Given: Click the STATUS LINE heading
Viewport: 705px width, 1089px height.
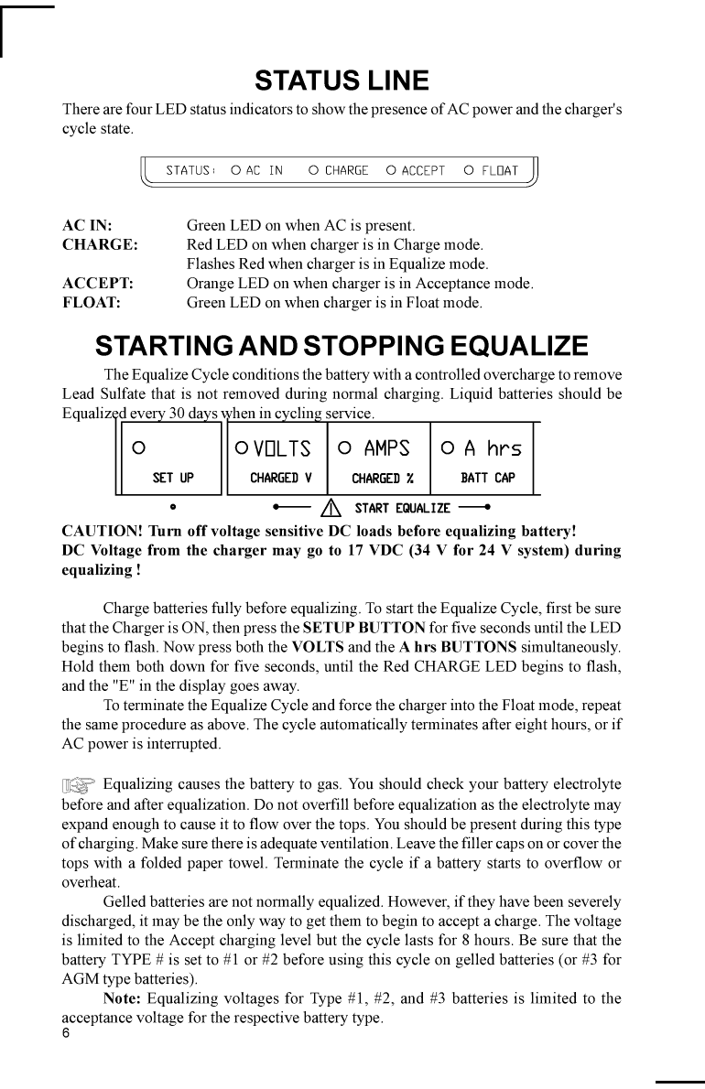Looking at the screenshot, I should [342, 81].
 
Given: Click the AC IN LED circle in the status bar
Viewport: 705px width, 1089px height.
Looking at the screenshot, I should [235, 170].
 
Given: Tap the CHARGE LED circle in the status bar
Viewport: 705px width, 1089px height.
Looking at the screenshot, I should [313, 170].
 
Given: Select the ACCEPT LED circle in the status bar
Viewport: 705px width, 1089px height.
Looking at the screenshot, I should [391, 170].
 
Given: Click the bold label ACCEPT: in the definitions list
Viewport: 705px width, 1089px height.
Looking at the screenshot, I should [98, 284].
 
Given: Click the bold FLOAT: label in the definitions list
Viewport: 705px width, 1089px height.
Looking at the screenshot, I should [92, 302].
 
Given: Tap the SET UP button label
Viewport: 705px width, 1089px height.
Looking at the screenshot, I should [173, 478].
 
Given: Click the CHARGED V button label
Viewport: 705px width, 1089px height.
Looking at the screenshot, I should [281, 478].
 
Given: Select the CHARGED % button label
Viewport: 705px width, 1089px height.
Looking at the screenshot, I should [383, 478].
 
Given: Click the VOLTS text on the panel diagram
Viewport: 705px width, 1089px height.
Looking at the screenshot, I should [282, 448].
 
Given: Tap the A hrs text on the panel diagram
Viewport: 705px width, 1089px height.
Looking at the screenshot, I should [492, 448].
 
